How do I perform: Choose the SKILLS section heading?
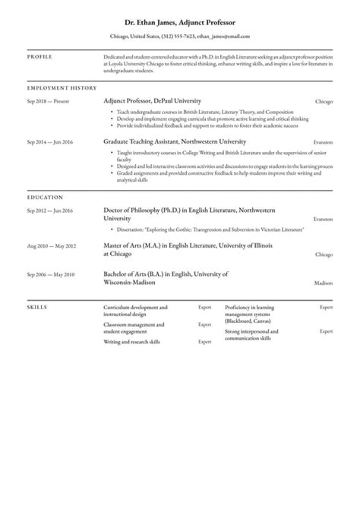pos(36,307)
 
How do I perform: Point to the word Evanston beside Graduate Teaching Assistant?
pos(323,142)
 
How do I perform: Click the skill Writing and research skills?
pos(131,342)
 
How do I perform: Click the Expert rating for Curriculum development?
pos(204,308)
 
